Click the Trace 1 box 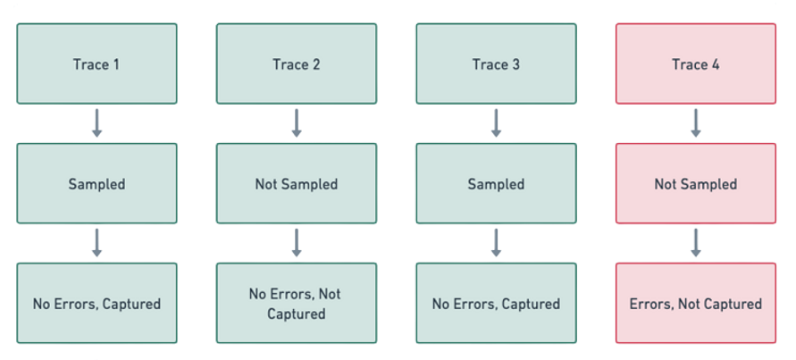pyautogui.click(x=96, y=64)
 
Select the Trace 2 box pyautogui.click(x=296, y=64)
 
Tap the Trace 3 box pyautogui.click(x=496, y=64)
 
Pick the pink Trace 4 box pyautogui.click(x=695, y=64)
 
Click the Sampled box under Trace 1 pyautogui.click(x=96, y=184)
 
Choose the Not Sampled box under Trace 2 pyautogui.click(x=296, y=184)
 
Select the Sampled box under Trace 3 pyautogui.click(x=496, y=184)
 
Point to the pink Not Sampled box pyautogui.click(x=695, y=184)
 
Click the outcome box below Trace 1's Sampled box pyautogui.click(x=96, y=304)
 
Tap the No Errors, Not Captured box pyautogui.click(x=296, y=304)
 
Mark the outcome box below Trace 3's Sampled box pyautogui.click(x=496, y=304)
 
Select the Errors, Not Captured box pyautogui.click(x=695, y=304)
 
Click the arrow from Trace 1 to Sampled pyautogui.click(x=96, y=124)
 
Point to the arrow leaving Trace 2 pyautogui.click(x=296, y=124)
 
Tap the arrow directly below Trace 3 pyautogui.click(x=496, y=124)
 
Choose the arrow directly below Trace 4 pyautogui.click(x=695, y=124)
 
